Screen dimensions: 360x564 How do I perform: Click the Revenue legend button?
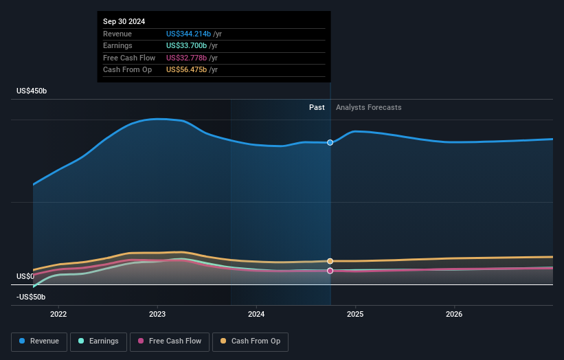40,341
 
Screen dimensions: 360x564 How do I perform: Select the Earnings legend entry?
98,341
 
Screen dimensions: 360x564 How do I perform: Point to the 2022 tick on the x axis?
58,315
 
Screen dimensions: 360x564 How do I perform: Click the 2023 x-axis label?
157,315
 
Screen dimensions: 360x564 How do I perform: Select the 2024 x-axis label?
256,315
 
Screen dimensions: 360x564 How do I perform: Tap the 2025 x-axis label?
355,315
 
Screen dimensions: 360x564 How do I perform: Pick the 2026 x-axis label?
454,315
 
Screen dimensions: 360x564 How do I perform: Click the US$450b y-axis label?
32,91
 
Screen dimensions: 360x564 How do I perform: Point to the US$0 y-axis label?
26,276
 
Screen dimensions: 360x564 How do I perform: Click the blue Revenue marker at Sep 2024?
330,142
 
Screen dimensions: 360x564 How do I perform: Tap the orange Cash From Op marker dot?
330,261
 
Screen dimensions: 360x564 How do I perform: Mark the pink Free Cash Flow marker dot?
330,271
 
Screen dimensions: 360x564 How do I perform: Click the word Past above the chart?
317,107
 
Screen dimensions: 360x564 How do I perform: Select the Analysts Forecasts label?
368,107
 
